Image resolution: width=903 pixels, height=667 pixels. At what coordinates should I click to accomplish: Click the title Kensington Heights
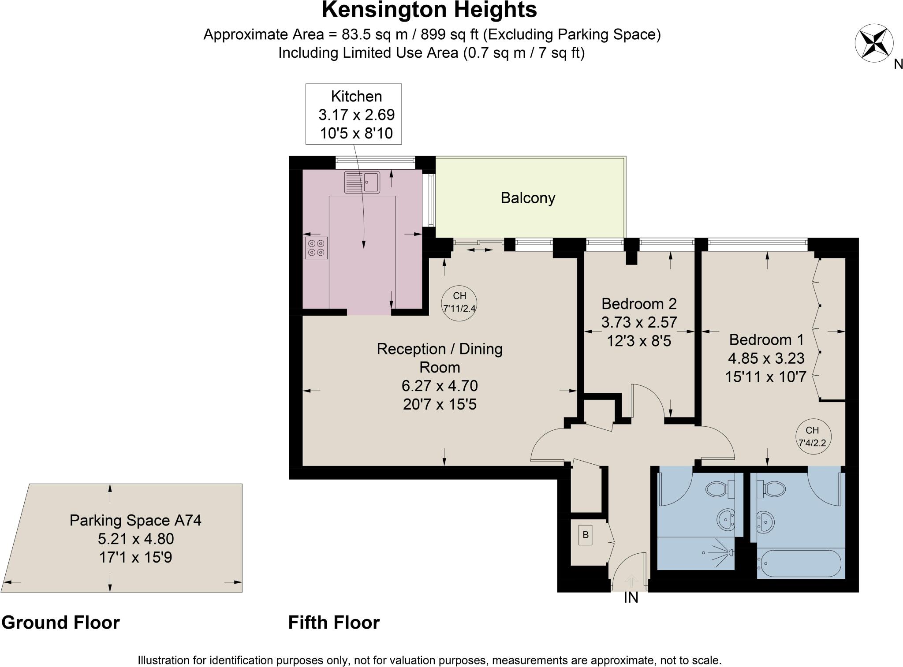click(x=429, y=10)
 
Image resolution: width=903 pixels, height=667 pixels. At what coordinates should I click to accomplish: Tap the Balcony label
click(x=528, y=198)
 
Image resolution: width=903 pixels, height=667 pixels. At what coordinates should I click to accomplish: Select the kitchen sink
click(x=362, y=182)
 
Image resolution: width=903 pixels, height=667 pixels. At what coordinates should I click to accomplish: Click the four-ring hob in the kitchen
click(x=316, y=248)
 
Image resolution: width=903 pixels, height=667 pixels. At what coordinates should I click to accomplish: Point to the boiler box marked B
click(x=586, y=536)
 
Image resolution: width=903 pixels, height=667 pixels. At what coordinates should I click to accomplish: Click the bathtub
click(x=799, y=563)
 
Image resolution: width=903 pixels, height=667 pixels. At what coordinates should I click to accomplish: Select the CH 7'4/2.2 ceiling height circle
click(x=812, y=436)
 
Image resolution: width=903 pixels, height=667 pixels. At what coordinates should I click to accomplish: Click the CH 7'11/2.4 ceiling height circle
click(x=459, y=302)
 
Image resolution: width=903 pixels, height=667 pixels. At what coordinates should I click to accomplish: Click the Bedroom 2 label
click(x=638, y=304)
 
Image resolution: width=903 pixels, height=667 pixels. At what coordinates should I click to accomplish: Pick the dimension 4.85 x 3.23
click(x=766, y=358)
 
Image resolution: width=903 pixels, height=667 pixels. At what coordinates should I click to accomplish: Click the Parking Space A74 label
click(x=135, y=520)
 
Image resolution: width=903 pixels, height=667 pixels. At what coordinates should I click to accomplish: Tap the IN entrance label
click(x=631, y=598)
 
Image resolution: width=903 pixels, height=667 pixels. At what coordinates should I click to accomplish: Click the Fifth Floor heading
click(x=334, y=622)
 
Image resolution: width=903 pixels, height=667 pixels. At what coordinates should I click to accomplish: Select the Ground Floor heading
click(x=60, y=622)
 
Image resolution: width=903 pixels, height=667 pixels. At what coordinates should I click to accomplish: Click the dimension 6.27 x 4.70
click(x=440, y=386)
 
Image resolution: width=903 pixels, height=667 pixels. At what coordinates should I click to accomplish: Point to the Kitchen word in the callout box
click(x=356, y=96)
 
